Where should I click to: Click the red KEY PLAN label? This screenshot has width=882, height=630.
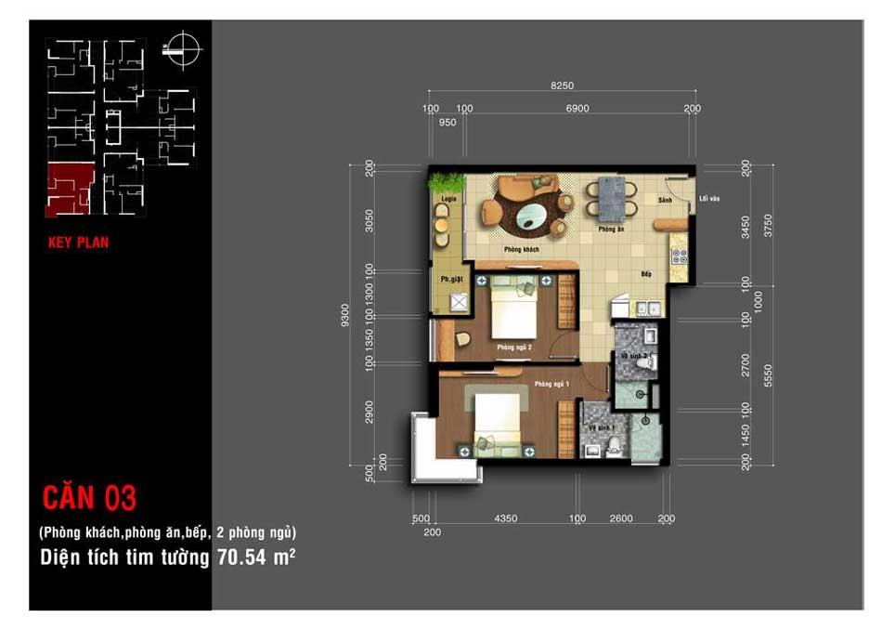pos(78,243)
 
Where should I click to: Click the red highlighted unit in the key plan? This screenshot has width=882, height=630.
pos(71,189)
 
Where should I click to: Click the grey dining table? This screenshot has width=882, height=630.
pos(611,198)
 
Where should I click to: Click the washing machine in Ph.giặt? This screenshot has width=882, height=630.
pos(459,302)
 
